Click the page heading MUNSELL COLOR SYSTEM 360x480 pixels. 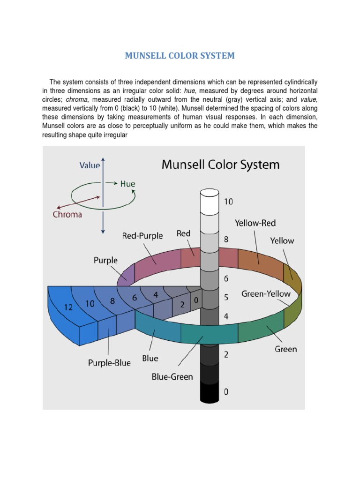[x=180, y=56]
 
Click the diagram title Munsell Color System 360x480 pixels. [x=220, y=165]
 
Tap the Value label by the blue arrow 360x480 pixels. [x=89, y=165]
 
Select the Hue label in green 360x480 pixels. [x=127, y=184]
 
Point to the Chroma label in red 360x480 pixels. [x=67, y=215]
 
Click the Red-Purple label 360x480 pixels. [x=142, y=235]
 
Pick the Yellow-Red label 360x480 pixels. [x=255, y=223]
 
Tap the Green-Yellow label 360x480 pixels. [x=266, y=294]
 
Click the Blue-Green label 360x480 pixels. [x=172, y=376]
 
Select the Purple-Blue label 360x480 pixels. [x=109, y=363]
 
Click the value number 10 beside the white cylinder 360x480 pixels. [x=228, y=202]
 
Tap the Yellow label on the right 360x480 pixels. [x=282, y=241]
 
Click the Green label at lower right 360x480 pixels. [x=285, y=349]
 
